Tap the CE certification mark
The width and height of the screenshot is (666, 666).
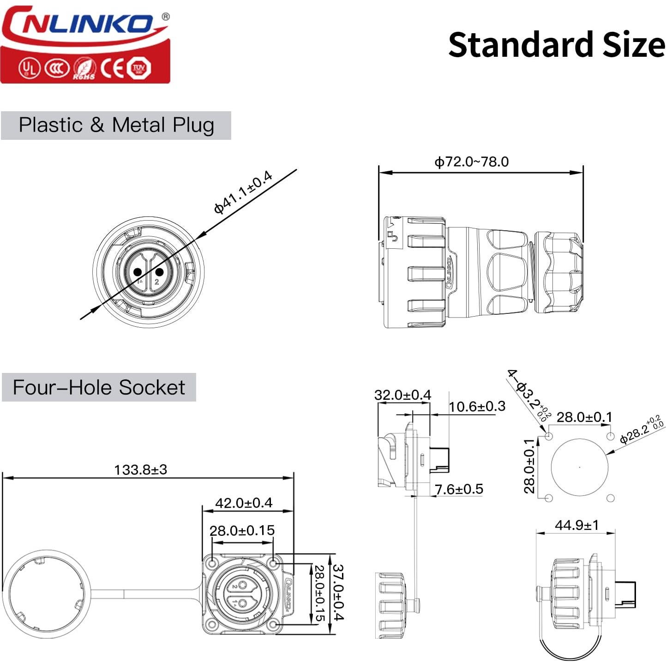112,68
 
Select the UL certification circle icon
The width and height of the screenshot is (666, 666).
29,68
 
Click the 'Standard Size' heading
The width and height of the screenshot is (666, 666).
556,45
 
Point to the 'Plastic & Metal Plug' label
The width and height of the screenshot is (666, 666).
116,125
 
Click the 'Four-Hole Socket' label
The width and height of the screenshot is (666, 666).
99,387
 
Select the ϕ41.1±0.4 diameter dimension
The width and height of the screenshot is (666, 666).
243,192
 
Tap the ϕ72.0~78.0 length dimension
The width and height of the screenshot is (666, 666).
471,162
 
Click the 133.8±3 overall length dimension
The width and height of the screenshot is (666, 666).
140,470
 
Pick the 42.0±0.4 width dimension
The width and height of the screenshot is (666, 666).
244,503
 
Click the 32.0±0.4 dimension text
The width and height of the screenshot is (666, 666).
402,395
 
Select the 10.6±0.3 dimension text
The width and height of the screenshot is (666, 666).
477,407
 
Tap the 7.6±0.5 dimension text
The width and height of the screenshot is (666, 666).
459,489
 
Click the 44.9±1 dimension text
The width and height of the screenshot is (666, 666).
576,525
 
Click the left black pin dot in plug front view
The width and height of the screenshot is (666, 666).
138,272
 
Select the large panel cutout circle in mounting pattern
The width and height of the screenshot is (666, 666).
580,467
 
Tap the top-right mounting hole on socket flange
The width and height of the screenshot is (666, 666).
274,564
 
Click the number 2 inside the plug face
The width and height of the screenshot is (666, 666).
157,282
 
